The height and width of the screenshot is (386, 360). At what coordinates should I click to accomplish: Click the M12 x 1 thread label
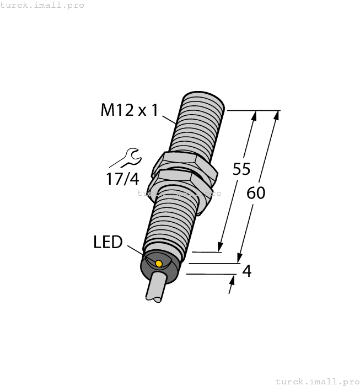pyautogui.click(x=129, y=110)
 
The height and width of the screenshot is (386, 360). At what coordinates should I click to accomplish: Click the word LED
pyautogui.click(x=108, y=242)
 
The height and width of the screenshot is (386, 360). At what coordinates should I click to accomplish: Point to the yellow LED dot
pyautogui.click(x=159, y=264)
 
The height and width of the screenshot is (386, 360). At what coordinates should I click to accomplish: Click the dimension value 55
pyautogui.click(x=241, y=169)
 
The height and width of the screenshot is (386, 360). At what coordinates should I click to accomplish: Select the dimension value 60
pyautogui.click(x=256, y=193)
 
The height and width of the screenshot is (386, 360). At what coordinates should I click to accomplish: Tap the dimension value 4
pyautogui.click(x=247, y=271)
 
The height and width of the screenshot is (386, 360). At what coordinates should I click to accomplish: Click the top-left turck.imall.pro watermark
pyautogui.click(x=42, y=5)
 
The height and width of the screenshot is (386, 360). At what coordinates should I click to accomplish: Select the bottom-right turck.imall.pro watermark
pyautogui.click(x=317, y=381)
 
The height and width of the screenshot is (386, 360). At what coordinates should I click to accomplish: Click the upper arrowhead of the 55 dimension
pyautogui.click(x=254, y=115)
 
